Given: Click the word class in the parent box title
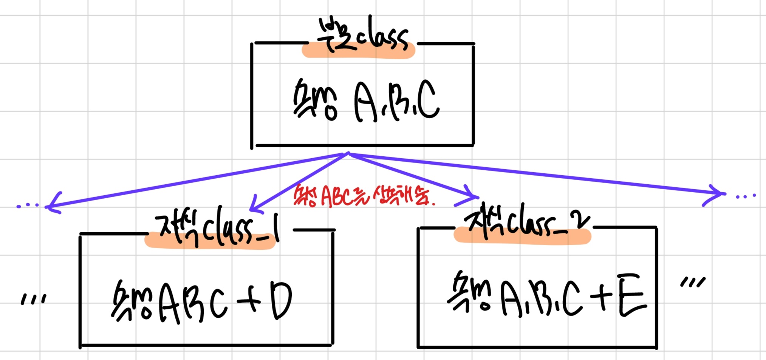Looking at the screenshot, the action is pyautogui.click(x=382, y=38).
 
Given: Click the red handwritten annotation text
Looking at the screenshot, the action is pyautogui.click(x=363, y=195).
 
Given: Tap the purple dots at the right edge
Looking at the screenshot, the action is pyautogui.click(x=745, y=196).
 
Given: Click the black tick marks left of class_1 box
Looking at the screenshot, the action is pyautogui.click(x=33, y=299).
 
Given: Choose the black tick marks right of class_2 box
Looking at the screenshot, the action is pyautogui.click(x=692, y=283).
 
